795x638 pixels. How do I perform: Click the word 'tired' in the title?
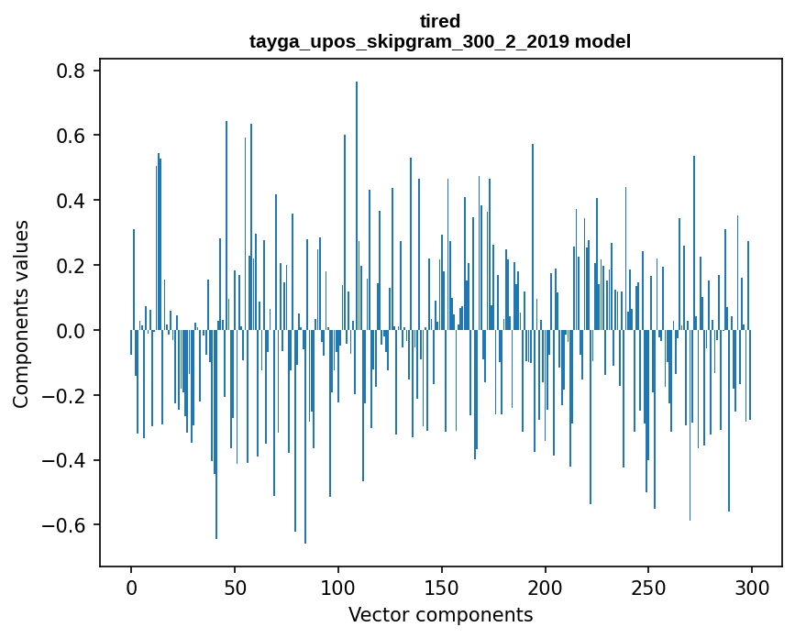pos(440,21)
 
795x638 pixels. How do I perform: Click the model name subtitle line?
pos(440,41)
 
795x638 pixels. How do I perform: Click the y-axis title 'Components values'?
pos(21,313)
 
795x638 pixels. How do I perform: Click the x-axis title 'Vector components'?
pos(440,614)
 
